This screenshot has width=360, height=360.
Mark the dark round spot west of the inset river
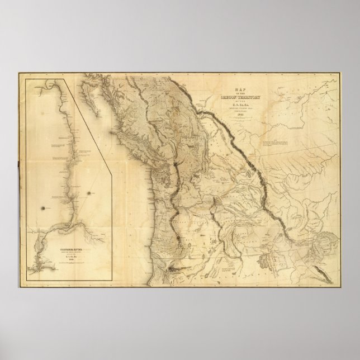click(x=42, y=207)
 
